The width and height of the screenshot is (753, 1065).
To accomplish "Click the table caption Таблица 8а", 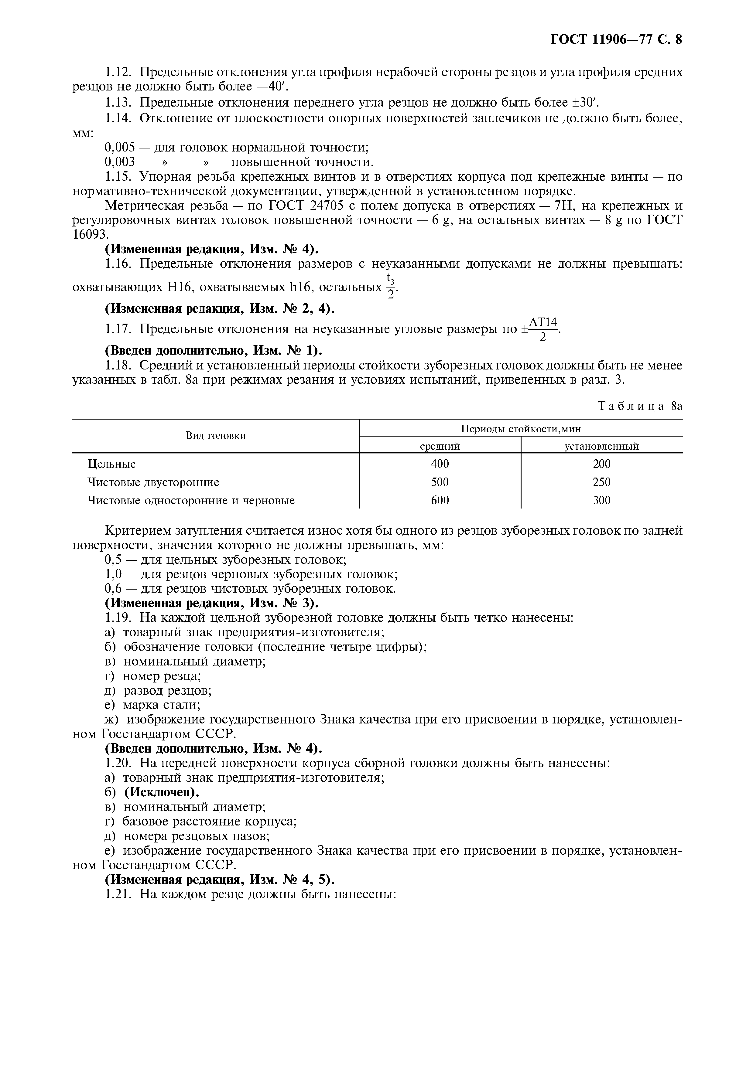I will click(640, 406).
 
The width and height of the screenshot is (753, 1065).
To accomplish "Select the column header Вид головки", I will click(216, 436).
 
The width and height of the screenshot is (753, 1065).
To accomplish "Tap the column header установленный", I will click(601, 446).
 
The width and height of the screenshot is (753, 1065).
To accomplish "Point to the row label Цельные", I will click(111, 464).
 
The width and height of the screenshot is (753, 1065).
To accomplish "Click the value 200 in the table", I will click(601, 464).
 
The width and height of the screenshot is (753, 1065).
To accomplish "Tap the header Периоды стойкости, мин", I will click(521, 429).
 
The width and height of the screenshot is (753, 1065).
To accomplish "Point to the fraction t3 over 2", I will click(390, 287).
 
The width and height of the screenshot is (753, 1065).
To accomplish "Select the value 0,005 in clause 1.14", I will click(120, 148).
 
